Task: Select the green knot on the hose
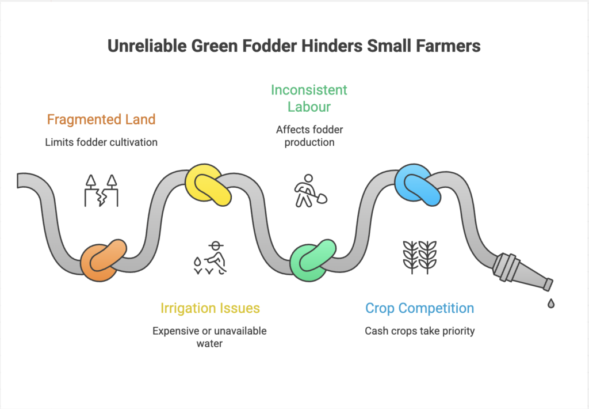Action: (312, 260)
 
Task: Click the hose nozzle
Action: (521, 272)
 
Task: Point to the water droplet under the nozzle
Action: (550, 303)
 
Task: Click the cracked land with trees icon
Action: (102, 191)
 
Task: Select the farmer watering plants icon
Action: (211, 257)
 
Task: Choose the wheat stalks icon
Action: (419, 257)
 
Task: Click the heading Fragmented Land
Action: (101, 120)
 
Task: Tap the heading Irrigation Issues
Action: (210, 308)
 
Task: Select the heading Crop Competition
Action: (419, 308)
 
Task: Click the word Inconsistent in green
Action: (309, 90)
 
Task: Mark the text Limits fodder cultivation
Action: (101, 142)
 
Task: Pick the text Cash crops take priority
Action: (419, 331)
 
